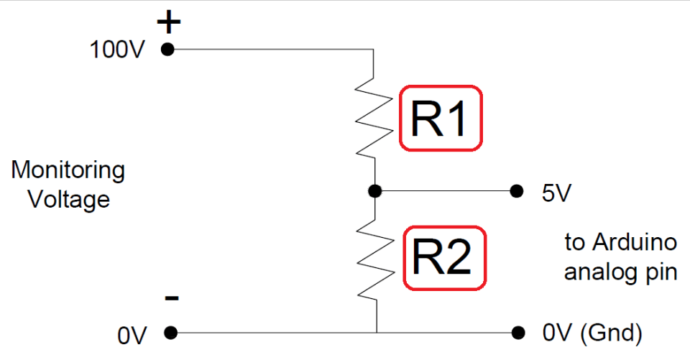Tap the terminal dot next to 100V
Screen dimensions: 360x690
(168, 50)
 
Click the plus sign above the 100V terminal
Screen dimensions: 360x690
(169, 23)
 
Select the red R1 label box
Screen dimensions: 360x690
(440, 119)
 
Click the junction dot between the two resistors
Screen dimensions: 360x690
(374, 191)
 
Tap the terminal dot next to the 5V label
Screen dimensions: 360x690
(515, 191)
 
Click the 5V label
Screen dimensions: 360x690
(557, 193)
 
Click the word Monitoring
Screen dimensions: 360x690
(68, 172)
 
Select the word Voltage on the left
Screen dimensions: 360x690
(69, 198)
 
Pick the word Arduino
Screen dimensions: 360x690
(635, 243)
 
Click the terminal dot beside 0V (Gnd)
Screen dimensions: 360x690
(517, 333)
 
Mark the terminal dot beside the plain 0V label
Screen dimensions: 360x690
(170, 333)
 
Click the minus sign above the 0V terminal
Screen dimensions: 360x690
(172, 298)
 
